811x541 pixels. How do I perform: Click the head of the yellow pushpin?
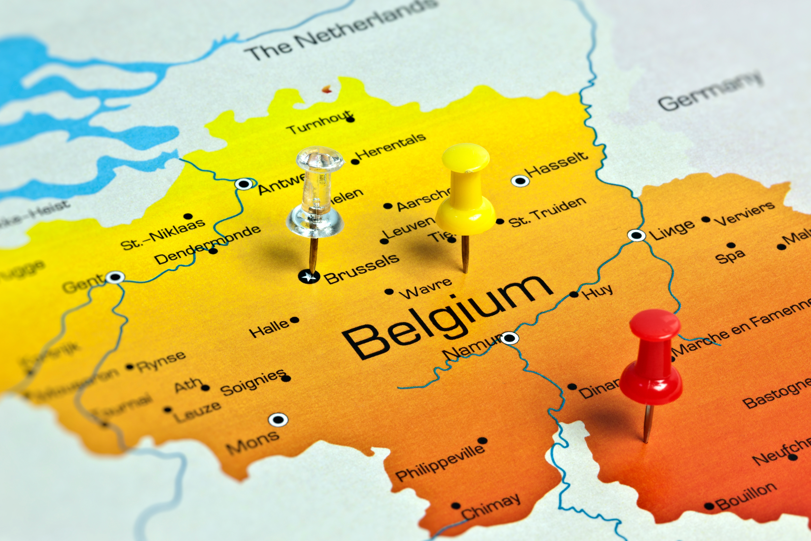[x=465, y=157]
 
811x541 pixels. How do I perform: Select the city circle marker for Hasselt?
[x=520, y=180]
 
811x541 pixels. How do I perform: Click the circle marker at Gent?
[x=115, y=277]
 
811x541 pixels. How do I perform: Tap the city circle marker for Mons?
[x=278, y=420]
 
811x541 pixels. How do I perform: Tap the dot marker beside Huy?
[x=574, y=294]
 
